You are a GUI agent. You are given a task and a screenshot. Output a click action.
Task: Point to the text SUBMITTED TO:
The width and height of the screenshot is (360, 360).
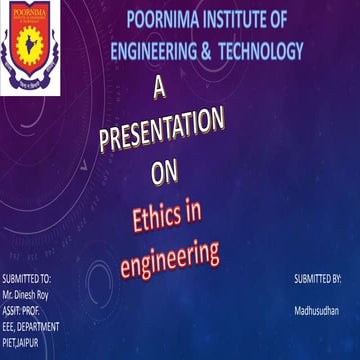coord(27,273)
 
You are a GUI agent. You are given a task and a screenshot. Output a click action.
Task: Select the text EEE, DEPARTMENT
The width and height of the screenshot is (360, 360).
coord(31,311)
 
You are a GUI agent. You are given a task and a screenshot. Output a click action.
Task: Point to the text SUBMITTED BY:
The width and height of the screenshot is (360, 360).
coord(318,273)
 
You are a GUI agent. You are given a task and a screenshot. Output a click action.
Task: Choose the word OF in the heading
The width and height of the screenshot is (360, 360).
coord(289,20)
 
